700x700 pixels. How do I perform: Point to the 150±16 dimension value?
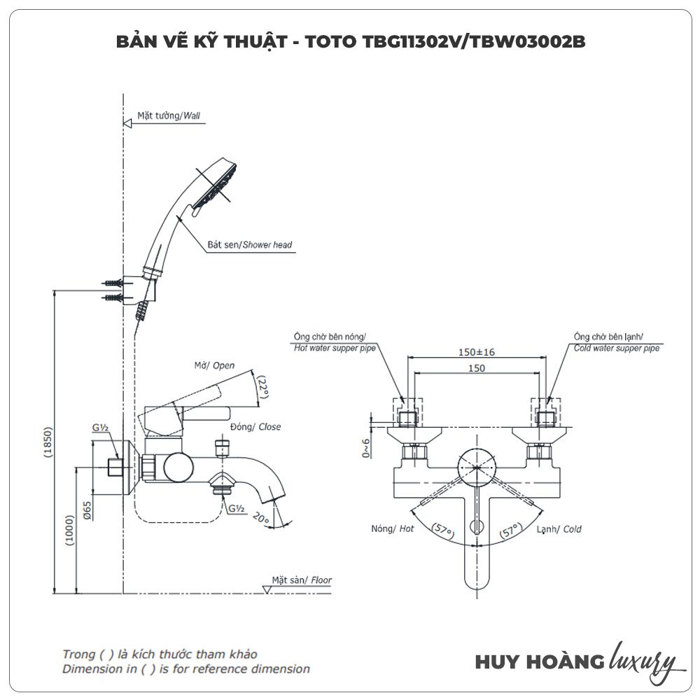coord(477,352)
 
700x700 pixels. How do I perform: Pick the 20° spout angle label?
coord(262,519)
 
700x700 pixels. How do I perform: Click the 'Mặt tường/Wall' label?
coord(162,115)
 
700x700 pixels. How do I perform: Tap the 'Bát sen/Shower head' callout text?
coord(249,245)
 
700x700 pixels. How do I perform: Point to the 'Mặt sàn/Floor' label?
coord(302,580)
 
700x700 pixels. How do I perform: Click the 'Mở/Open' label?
coord(214,365)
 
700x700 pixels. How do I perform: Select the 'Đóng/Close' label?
coord(255,426)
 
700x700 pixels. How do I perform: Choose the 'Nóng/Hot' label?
coord(393,529)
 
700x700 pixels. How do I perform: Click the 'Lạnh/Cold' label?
coord(559,529)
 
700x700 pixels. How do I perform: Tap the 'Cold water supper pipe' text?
coord(616,348)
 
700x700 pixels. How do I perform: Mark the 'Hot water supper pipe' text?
coord(335,348)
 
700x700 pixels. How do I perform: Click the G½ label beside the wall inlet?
coord(99,428)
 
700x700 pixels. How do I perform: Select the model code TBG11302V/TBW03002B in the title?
coord(473,41)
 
